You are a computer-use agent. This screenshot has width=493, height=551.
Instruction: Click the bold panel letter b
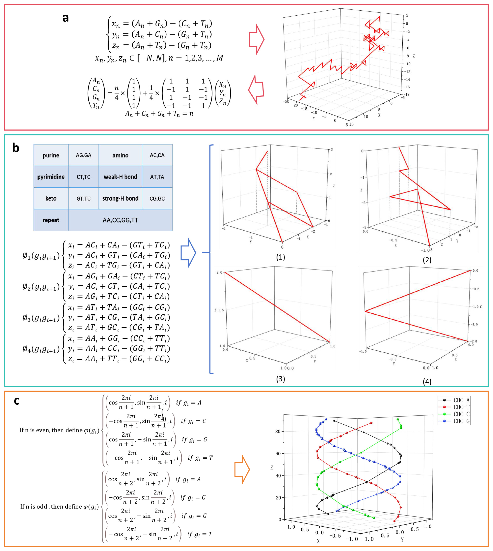point(16,148)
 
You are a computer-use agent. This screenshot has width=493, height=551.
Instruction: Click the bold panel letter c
point(17,401)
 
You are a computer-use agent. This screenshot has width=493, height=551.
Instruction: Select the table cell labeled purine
point(51,155)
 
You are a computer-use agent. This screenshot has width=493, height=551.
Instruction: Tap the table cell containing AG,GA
point(83,155)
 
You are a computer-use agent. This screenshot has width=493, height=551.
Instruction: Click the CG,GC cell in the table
point(157,198)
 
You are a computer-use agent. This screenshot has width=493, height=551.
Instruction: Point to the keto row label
point(51,198)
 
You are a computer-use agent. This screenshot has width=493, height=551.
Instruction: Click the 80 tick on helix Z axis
point(278,431)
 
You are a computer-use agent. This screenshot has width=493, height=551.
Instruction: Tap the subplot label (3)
point(280,379)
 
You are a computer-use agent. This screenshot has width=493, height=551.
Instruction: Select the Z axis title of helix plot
point(272,468)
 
